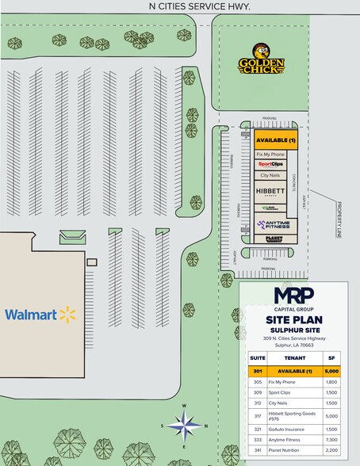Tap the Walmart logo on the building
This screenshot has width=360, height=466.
[40, 315]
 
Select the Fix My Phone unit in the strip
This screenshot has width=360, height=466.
[270, 153]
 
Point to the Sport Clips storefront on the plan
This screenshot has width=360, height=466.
[270, 164]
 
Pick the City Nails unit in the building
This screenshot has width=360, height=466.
[270, 175]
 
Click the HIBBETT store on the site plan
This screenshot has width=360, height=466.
[270, 192]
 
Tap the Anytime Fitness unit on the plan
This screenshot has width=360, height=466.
[274, 224]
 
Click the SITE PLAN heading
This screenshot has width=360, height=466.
[293, 319]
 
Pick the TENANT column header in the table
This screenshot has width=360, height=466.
[283, 357]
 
